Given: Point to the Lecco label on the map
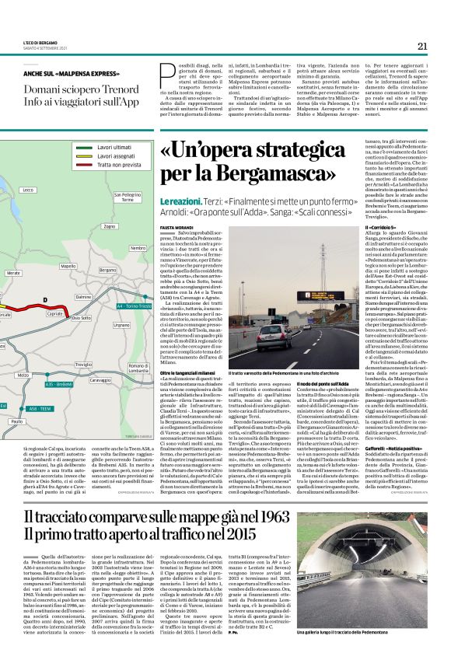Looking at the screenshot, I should tap(29, 190).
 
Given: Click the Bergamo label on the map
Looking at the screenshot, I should tap(107, 270).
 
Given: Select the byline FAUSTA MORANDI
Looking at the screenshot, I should tap(175, 227).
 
